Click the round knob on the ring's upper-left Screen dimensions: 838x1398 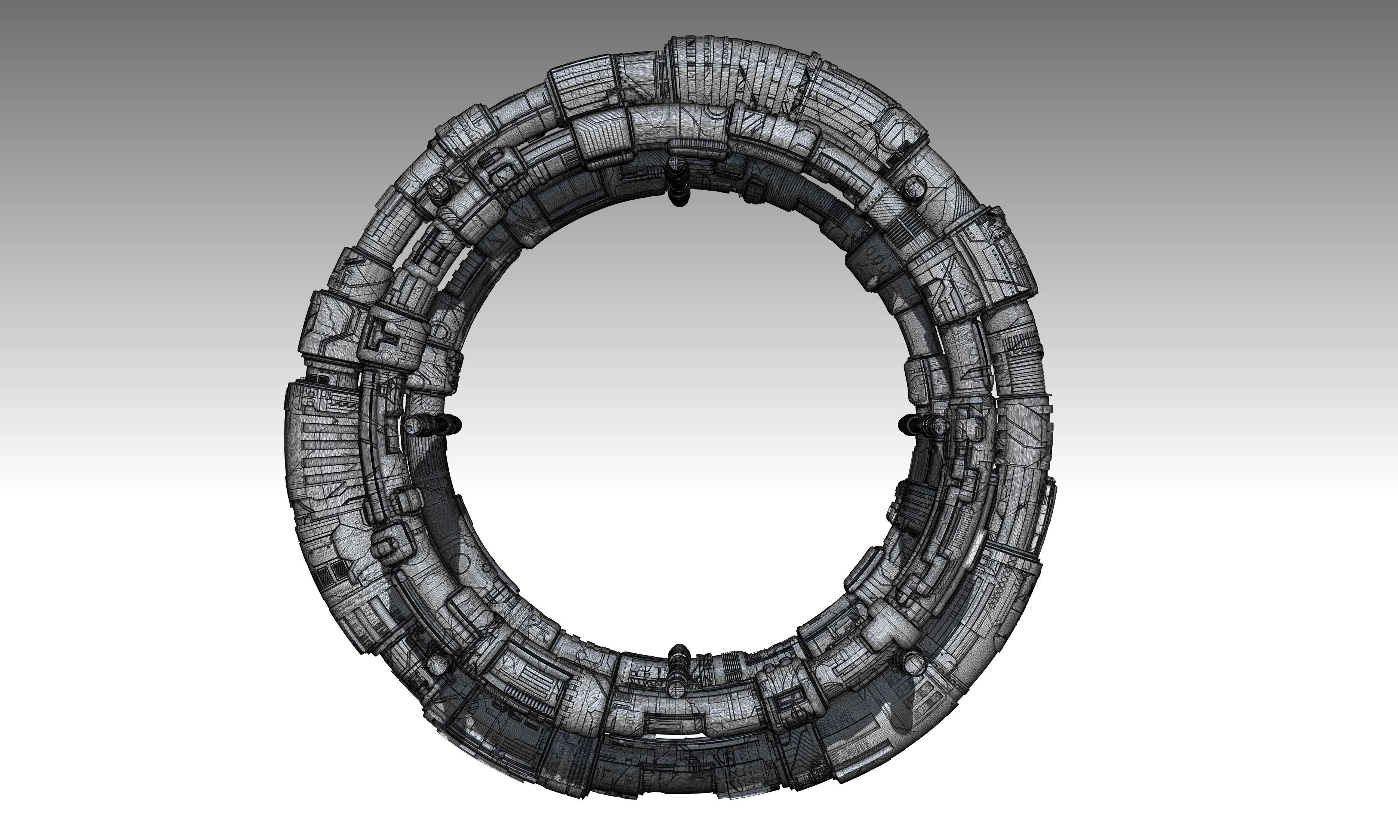(438, 188)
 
